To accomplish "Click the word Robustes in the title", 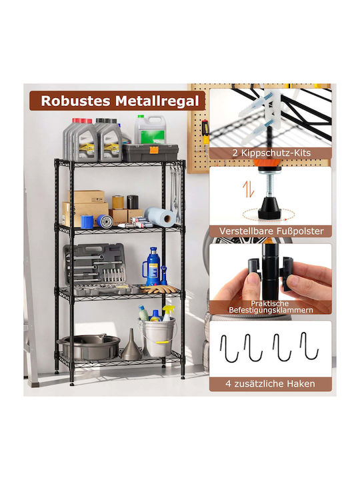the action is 75,101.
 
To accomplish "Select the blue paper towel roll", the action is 160,216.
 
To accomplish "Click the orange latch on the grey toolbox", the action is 154,150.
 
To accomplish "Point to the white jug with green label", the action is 150,129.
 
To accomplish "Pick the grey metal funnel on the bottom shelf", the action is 131,344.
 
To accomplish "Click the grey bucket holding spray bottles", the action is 157,337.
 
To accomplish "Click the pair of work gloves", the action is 159,289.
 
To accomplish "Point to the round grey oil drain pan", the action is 89,346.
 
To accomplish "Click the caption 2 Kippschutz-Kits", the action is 271,153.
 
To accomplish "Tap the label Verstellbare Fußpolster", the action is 271,231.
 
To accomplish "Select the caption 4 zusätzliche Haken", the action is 270,383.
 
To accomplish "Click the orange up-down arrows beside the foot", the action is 248,189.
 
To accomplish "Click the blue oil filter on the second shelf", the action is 105,221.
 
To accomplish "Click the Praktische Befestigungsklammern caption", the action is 271,307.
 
